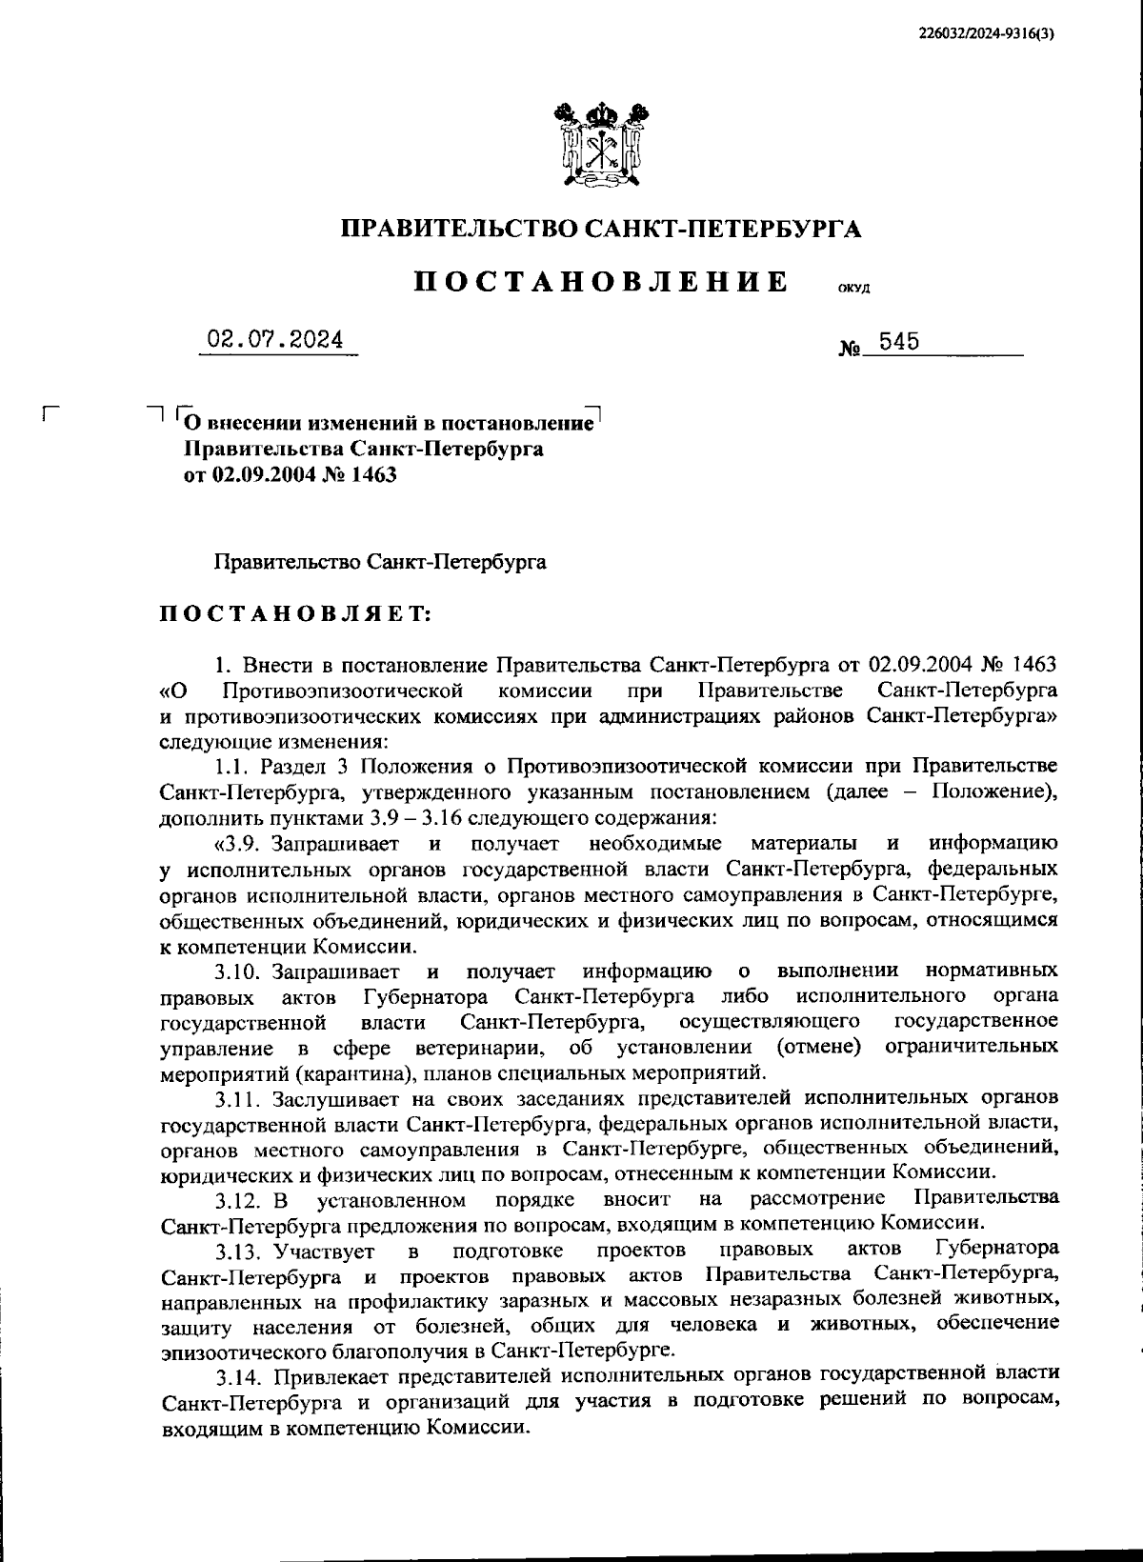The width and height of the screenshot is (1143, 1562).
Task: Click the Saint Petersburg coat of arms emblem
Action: point(601,143)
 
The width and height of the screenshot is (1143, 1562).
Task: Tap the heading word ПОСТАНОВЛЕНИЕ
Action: point(601,282)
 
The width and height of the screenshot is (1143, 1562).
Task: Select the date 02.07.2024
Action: point(277,339)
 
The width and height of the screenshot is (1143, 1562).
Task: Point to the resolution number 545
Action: point(899,341)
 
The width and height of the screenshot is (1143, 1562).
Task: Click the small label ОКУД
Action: point(854,289)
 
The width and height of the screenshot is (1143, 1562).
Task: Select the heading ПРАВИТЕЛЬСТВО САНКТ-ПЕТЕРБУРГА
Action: point(601,229)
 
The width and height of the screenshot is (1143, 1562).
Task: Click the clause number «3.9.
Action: point(238,843)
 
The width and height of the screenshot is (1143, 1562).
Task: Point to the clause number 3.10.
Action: point(238,971)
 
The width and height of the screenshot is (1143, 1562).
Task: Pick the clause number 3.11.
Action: point(238,1099)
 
